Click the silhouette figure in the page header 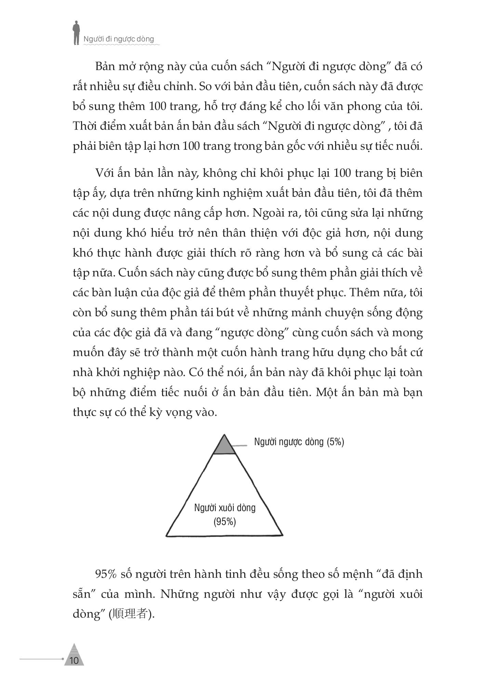point(77,32)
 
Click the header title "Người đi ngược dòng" point(119,39)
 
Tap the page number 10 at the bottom point(74,660)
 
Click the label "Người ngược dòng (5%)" point(299,442)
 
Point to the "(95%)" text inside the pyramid point(225,522)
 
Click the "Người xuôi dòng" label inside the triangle point(225,507)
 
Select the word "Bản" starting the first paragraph point(105,66)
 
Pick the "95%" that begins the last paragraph point(106,574)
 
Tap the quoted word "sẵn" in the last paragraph point(81,594)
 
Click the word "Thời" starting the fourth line point(83,126)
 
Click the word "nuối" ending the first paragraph point(410,146)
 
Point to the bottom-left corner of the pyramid point(167,535)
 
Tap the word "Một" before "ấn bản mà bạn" point(327,392)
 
